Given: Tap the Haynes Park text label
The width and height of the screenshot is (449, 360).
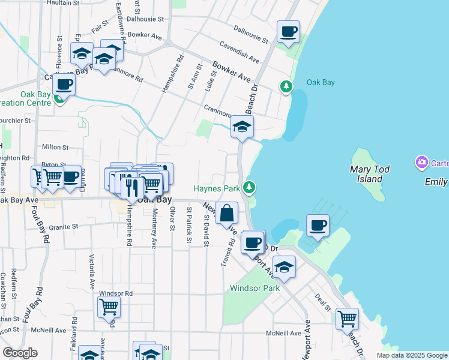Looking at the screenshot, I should (217, 188).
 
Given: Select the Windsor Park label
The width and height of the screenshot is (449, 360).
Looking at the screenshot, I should (255, 288).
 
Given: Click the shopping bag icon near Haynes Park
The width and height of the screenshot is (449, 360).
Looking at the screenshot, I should (228, 213).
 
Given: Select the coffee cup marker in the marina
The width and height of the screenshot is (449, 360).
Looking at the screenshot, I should (318, 226).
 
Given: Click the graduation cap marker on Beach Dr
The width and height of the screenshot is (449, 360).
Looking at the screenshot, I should (242, 127).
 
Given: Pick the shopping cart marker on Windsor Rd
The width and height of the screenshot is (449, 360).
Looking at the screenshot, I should (109, 307).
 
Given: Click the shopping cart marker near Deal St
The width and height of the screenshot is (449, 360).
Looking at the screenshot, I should (347, 319).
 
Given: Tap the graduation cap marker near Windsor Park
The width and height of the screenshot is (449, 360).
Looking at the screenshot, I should (284, 267).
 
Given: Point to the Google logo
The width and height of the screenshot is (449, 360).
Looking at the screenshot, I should (20, 353).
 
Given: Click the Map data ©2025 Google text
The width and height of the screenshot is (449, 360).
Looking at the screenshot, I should (412, 355).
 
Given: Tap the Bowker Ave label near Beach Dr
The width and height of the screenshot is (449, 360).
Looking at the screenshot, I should (231, 71).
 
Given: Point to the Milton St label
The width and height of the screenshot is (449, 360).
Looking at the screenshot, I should (55, 146).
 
